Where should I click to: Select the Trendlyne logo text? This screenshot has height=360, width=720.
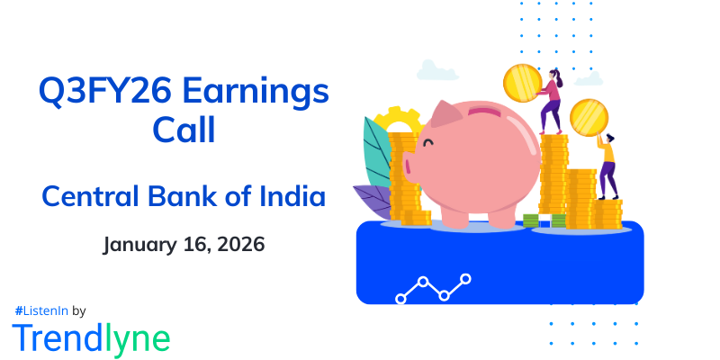(x=91, y=337)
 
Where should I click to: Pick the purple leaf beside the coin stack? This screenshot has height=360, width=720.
(x=373, y=200)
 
